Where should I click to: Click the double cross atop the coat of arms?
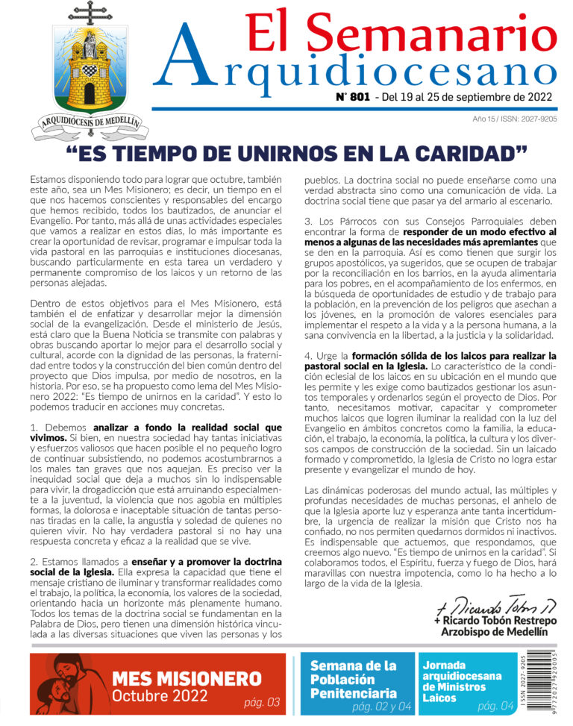tap(90, 13)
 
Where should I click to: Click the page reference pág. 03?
tap(261, 702)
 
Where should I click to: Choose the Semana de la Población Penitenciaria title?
tap(354, 679)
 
